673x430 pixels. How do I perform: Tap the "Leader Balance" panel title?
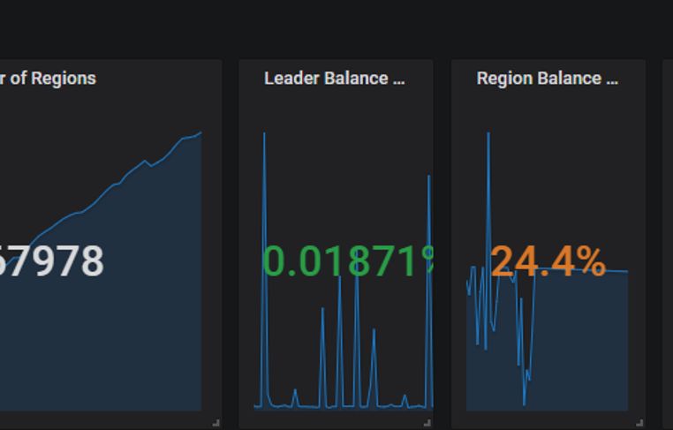[x=334, y=78]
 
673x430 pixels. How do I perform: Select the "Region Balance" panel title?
[x=547, y=78]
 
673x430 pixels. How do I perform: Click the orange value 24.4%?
[x=548, y=261]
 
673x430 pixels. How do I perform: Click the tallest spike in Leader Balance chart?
[x=264, y=134]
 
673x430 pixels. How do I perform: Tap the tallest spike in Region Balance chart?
[x=488, y=134]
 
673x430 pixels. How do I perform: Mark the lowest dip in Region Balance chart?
[x=524, y=404]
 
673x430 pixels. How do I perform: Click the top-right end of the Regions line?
[x=200, y=133]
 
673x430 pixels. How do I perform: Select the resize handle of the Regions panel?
[x=216, y=423]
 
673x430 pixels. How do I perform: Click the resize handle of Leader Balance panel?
[x=428, y=423]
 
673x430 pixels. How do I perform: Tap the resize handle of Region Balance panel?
[x=640, y=423]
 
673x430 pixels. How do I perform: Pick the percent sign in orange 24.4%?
[x=589, y=261]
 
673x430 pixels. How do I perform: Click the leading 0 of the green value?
[x=276, y=261]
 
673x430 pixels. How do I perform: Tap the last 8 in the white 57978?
[x=91, y=261]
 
